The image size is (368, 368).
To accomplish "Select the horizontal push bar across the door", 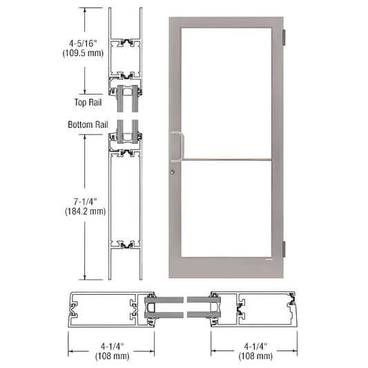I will coord(228,161).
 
